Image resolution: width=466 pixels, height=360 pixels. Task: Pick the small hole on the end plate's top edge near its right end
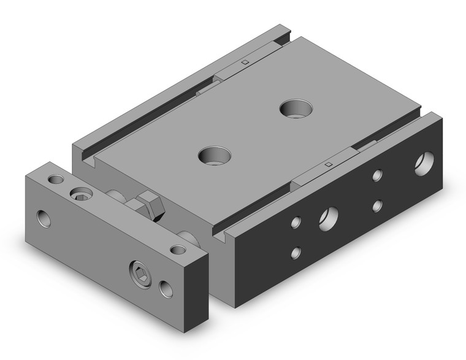pyautogui.click(x=178, y=249)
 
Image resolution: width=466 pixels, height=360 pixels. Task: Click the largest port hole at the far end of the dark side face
pyautogui.click(x=422, y=165)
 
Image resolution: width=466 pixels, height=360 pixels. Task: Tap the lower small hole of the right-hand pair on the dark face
pyautogui.click(x=378, y=205)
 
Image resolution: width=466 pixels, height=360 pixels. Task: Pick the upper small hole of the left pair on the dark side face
pyautogui.click(x=297, y=222)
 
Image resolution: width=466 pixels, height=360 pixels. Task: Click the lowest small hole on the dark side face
pyautogui.click(x=297, y=251)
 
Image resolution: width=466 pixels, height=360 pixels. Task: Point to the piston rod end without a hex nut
pyautogui.click(x=186, y=237)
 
